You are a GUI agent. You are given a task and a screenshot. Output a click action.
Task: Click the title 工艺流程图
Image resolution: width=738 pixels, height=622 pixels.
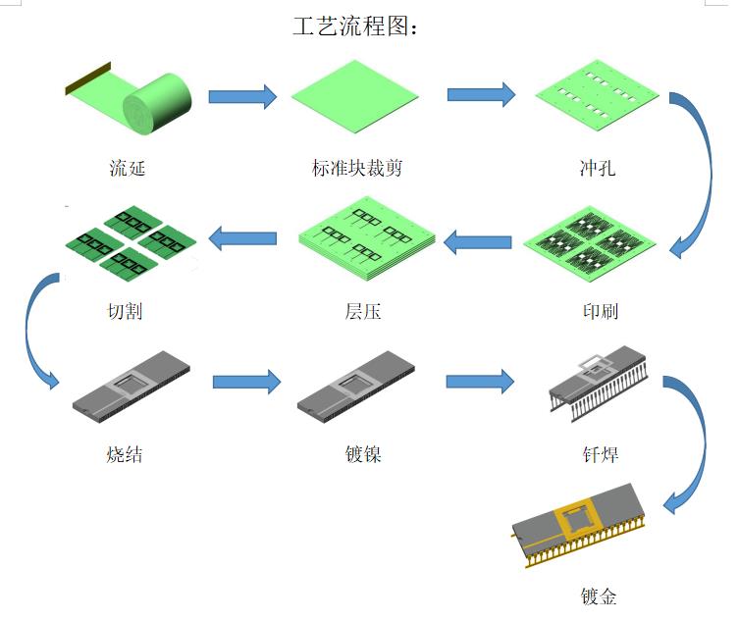355,26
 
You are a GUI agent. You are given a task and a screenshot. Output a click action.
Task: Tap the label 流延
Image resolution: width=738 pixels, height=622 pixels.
128,169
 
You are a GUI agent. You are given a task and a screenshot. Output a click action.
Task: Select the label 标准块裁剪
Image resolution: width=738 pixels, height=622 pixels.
356,169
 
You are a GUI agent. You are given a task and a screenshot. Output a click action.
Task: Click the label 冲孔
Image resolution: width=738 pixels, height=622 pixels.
597,169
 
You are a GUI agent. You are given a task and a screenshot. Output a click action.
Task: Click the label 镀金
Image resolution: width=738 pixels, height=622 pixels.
598,596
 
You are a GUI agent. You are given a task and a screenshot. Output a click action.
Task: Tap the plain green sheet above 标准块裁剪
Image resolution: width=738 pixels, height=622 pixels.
355,96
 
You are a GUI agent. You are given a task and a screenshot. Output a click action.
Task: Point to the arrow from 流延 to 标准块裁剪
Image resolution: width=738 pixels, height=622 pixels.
242,96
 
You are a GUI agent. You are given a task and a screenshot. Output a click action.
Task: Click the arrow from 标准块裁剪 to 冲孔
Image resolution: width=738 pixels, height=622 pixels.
481,94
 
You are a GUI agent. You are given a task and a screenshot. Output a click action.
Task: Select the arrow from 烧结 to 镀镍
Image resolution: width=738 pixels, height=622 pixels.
246,383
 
